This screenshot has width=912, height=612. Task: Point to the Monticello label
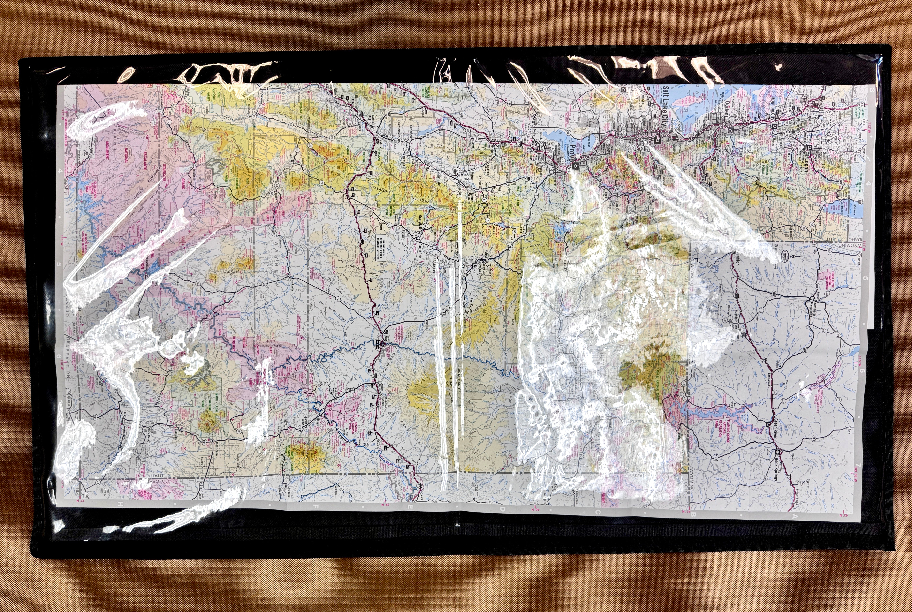point(214,449)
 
